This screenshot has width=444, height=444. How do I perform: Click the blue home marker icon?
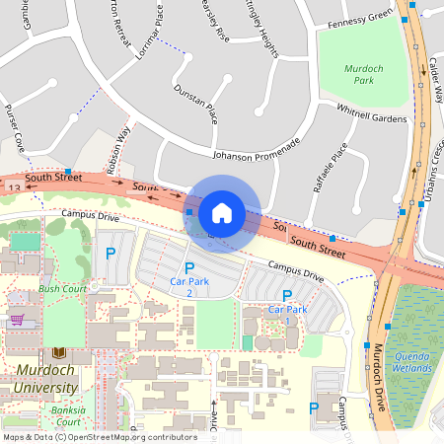[x=222, y=213]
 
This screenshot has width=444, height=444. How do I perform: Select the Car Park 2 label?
[x=189, y=287]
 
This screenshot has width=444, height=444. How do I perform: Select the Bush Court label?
[x=62, y=289]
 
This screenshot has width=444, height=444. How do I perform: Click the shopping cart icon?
[x=16, y=320]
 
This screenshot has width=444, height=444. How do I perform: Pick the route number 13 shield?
[x=13, y=185]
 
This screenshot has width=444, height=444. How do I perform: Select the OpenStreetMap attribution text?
[x=99, y=436]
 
